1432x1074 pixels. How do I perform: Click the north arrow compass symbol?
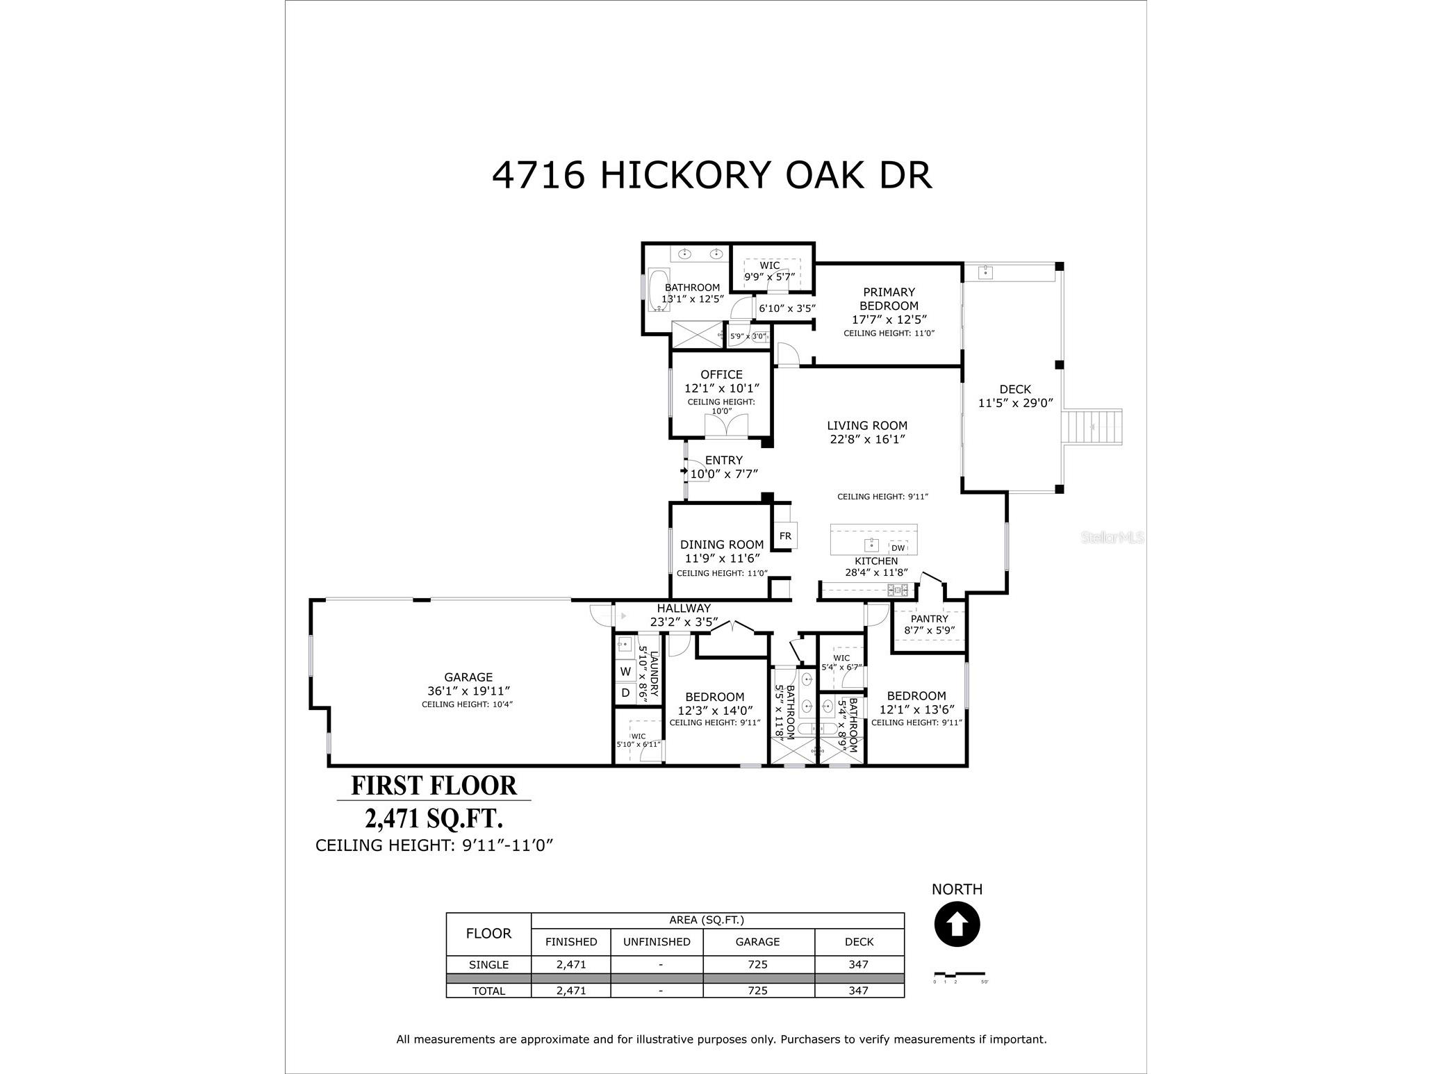coord(957,925)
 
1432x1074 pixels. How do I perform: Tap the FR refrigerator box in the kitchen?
coord(785,536)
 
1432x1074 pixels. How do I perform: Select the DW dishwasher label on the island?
coord(898,548)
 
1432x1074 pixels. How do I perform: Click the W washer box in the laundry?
coord(625,672)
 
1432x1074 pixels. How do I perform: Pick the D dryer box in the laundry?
coord(625,693)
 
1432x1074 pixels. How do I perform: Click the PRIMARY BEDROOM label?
coord(889,299)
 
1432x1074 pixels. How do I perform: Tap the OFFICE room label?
coord(721,374)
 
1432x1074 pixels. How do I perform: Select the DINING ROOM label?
coord(721,545)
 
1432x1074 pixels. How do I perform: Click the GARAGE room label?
coord(468,677)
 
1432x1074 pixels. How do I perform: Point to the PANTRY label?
coord(929,618)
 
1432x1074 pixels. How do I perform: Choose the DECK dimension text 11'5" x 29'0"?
coord(1016,403)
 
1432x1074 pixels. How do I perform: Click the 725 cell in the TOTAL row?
coord(757,991)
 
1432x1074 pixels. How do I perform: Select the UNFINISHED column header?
coord(657,942)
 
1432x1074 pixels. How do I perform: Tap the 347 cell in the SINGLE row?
coord(859,964)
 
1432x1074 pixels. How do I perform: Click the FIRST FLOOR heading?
coord(434,786)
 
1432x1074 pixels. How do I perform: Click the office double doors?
coord(727,425)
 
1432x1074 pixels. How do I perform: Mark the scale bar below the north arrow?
coord(959,974)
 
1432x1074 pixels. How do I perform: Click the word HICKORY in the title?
coord(686,175)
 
